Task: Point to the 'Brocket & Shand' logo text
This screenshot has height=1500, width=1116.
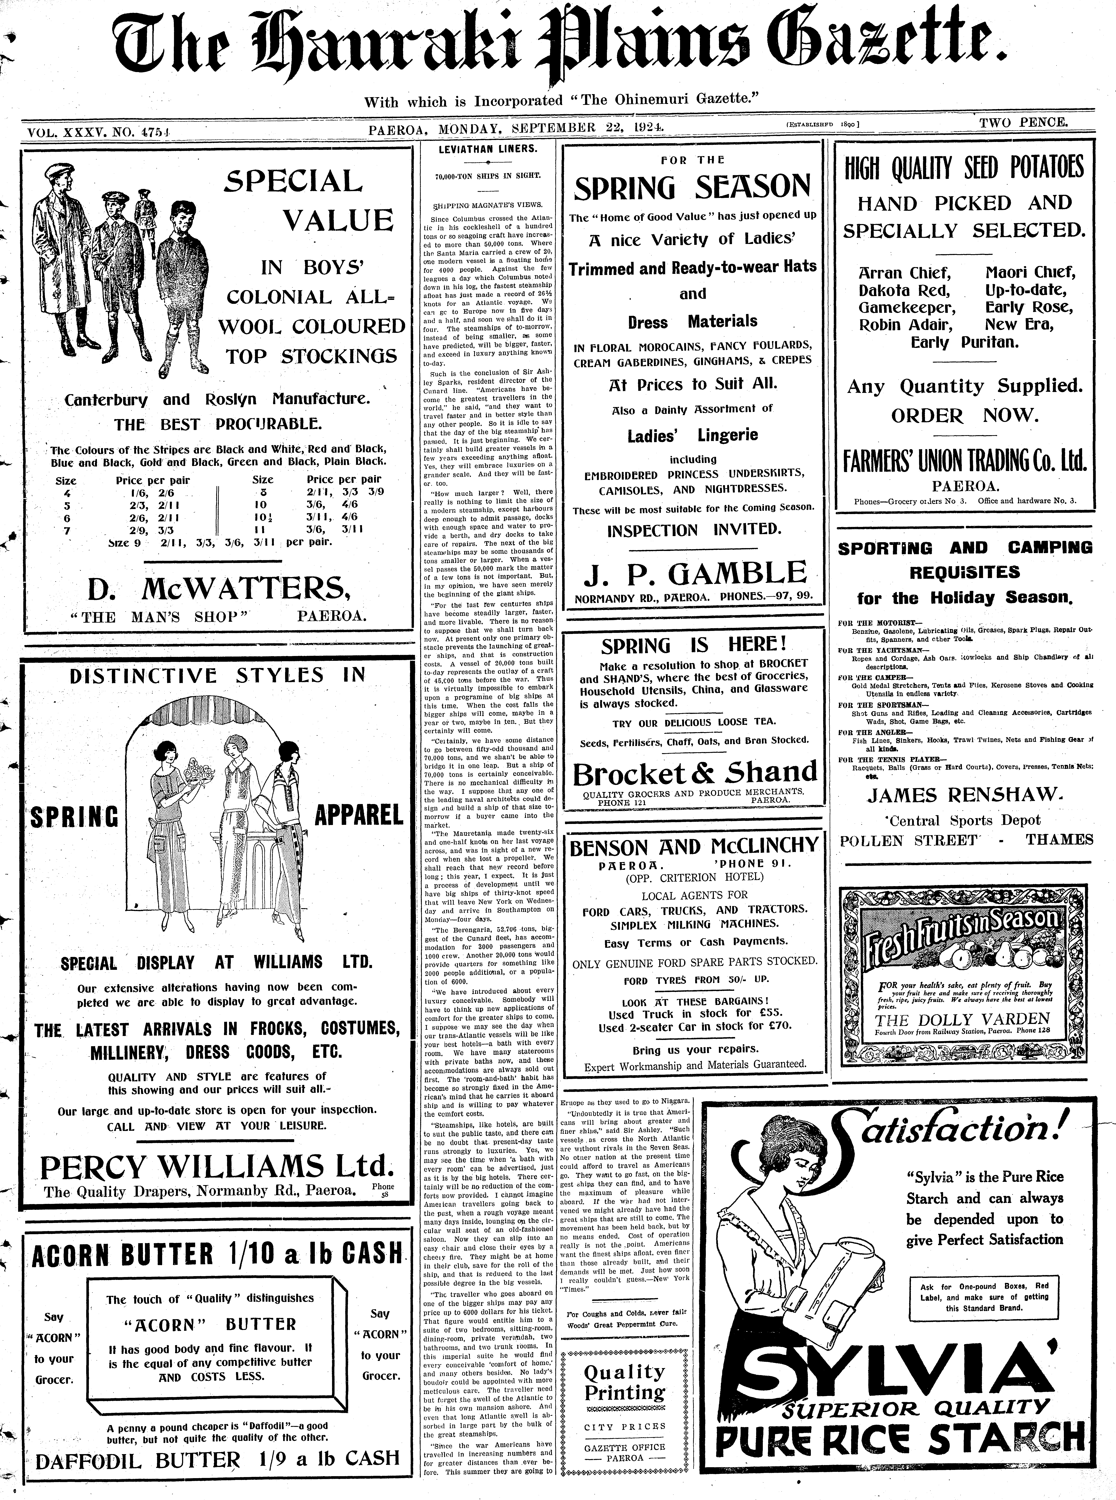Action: pos(695,774)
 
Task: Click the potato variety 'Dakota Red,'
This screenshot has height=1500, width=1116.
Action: pos(904,290)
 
